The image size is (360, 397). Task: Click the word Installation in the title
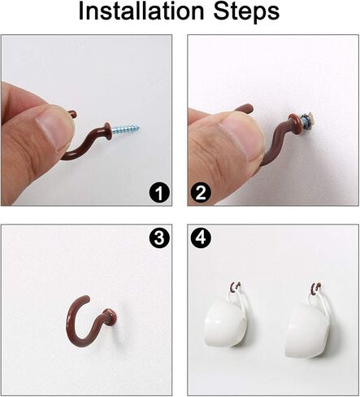141,11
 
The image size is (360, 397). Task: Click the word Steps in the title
247,13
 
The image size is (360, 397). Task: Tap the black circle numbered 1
159,193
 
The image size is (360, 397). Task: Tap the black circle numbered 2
201,193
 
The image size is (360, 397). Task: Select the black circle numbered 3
159,238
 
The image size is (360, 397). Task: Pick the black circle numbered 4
201,238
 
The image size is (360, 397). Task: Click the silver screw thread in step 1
126,129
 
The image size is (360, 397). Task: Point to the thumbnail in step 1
53,128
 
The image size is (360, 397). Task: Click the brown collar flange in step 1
107,131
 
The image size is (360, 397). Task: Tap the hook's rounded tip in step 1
72,113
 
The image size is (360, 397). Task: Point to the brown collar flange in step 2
294,122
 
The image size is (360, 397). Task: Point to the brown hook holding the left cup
235,286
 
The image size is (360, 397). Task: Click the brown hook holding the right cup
316,286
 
